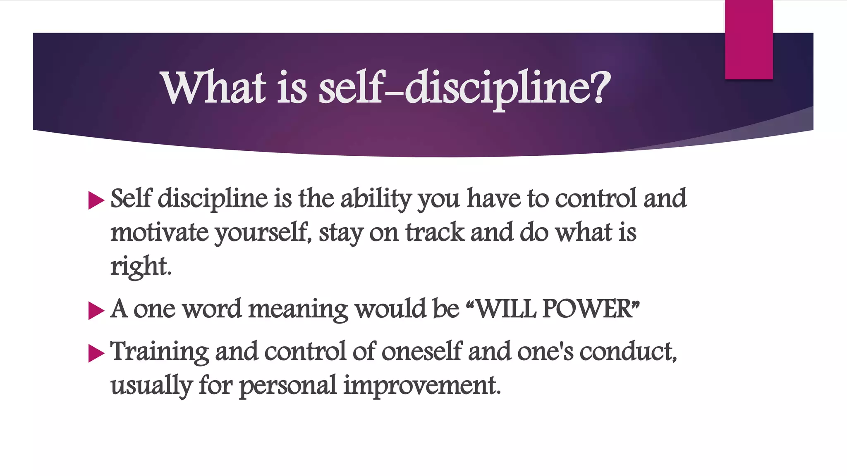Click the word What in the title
tap(213, 88)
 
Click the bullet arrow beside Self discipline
tap(96, 201)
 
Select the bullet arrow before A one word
tap(96, 311)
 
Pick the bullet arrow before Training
tap(96, 354)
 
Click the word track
tap(435, 233)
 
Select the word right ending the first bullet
tap(140, 267)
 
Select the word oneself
tap(421, 352)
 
